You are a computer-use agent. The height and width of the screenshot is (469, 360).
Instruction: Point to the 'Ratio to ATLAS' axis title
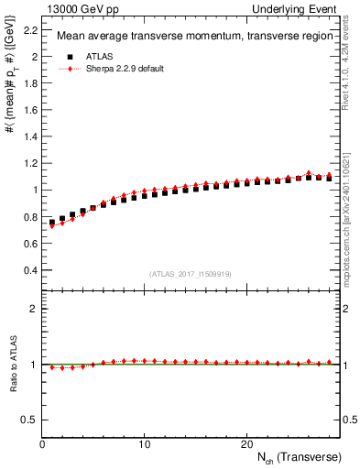[x=11, y=364]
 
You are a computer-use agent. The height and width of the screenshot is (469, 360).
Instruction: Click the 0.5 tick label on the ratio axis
[x=28, y=420]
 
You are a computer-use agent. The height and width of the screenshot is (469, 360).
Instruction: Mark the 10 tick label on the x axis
[x=144, y=444]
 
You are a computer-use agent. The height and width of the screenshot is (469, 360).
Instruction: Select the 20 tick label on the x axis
[x=245, y=444]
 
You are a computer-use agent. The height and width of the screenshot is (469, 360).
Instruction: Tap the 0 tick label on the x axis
[x=42, y=444]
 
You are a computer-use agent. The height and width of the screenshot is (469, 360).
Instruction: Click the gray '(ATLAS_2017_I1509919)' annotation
[x=191, y=273]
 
